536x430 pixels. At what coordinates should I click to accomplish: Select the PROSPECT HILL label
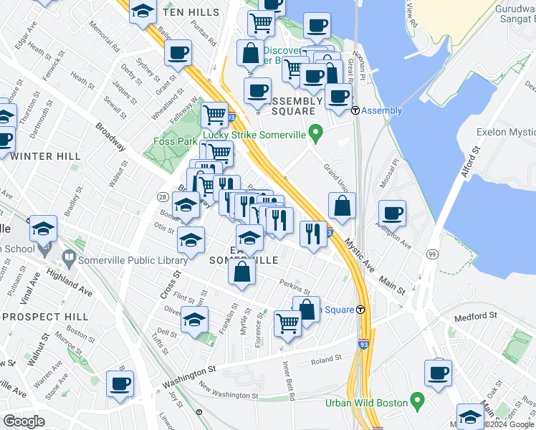(x=44, y=316)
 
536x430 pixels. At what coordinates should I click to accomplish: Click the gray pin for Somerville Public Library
(x=69, y=256)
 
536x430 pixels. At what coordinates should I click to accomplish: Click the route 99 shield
(x=431, y=254)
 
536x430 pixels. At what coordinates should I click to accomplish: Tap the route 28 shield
(x=163, y=196)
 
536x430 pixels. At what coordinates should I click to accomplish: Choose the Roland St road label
(x=325, y=362)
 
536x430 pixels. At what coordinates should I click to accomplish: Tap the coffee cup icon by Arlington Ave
(x=392, y=213)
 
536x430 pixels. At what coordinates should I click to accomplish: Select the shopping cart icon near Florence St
(x=287, y=323)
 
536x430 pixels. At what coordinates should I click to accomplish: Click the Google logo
(x=23, y=421)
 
